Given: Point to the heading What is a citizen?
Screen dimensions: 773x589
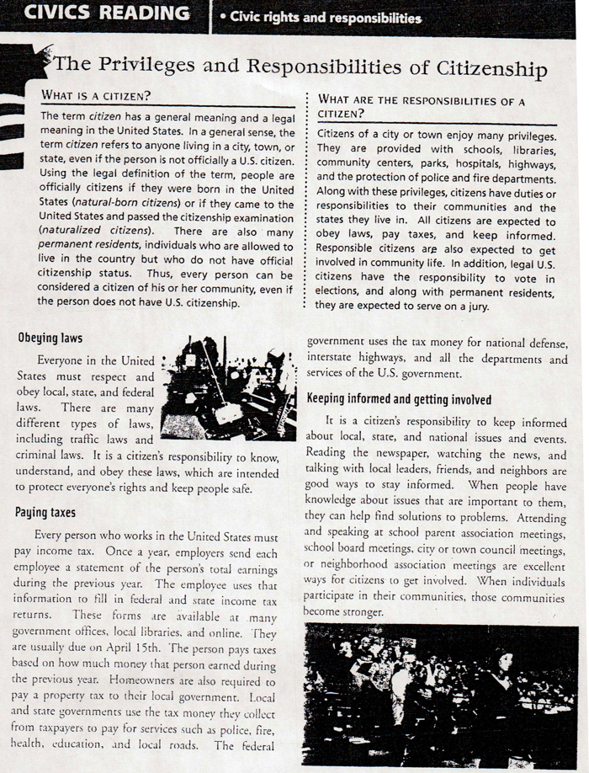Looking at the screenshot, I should pos(95,95).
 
